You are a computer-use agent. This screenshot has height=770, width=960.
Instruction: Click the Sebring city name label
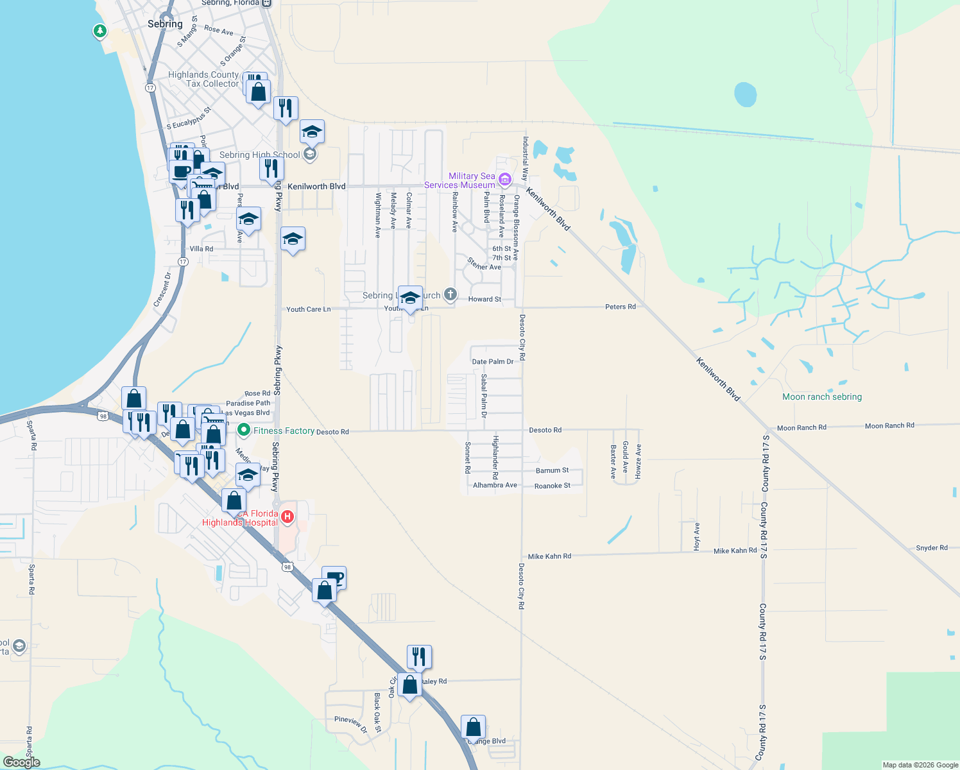tap(165, 24)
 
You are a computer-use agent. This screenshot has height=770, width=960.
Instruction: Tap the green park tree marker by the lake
tap(99, 30)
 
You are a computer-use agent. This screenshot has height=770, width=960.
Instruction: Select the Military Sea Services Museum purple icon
tap(505, 179)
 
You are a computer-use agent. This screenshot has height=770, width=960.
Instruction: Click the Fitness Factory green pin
tap(243, 429)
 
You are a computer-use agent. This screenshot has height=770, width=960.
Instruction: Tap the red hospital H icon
tap(288, 517)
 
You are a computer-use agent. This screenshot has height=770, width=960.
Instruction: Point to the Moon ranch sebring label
tap(822, 397)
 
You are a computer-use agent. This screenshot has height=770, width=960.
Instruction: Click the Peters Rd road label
tap(620, 307)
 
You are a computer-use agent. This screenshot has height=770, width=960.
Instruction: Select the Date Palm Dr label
tap(492, 362)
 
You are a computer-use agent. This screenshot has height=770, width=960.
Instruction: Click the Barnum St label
tap(552, 470)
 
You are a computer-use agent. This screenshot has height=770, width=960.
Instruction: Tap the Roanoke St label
tap(552, 486)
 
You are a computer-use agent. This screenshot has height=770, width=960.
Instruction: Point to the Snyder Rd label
tap(931, 548)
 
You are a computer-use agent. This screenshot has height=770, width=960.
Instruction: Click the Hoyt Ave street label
tap(697, 536)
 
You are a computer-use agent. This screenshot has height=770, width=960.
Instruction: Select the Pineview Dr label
tap(350, 723)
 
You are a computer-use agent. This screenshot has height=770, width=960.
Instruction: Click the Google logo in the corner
tap(21, 762)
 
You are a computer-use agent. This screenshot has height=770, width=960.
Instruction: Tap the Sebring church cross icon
tap(450, 295)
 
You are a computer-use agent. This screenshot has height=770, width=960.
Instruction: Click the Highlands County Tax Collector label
tap(203, 79)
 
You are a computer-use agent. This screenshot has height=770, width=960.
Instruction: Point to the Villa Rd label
tap(201, 249)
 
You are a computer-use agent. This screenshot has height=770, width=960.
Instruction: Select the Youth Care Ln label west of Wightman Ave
tap(308, 309)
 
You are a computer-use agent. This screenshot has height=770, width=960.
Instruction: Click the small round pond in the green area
tap(745, 94)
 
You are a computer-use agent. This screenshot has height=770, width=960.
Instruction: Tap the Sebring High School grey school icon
tap(310, 154)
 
